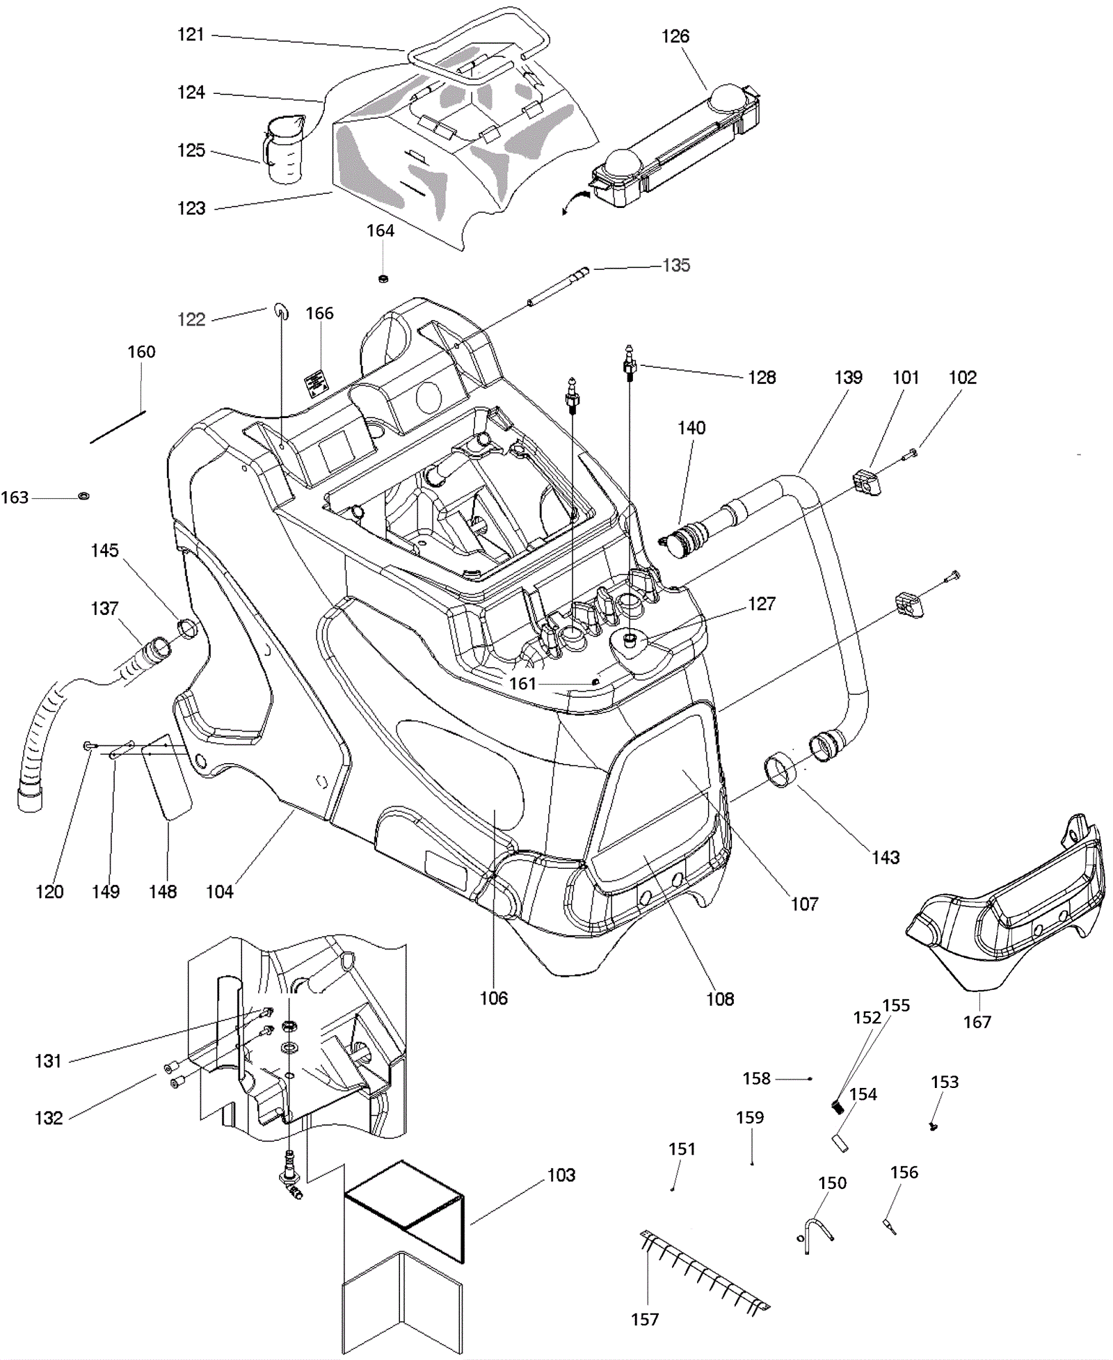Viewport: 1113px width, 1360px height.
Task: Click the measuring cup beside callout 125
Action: pyautogui.click(x=283, y=150)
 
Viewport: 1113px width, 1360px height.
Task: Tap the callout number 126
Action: pyautogui.click(x=675, y=37)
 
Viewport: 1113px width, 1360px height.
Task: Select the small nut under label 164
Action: pyautogui.click(x=382, y=279)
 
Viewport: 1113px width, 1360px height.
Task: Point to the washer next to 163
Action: pyautogui.click(x=83, y=496)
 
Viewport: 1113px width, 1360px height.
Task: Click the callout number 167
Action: pyautogui.click(x=977, y=1022)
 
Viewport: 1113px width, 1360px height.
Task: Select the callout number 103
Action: pyautogui.click(x=561, y=1175)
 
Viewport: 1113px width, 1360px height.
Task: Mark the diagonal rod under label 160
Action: pyautogui.click(x=118, y=426)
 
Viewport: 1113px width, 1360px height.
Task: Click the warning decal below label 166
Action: pyautogui.click(x=315, y=384)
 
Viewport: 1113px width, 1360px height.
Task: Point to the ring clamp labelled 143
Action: pyautogui.click(x=780, y=770)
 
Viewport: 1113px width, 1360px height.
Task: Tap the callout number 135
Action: pyautogui.click(x=676, y=265)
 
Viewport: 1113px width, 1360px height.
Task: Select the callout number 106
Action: pyautogui.click(x=494, y=998)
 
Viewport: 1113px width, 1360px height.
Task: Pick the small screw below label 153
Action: pyautogui.click(x=934, y=1126)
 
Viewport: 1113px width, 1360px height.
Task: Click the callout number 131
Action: pyautogui.click(x=49, y=1061)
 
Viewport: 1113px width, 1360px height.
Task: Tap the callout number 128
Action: pyautogui.click(x=762, y=377)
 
